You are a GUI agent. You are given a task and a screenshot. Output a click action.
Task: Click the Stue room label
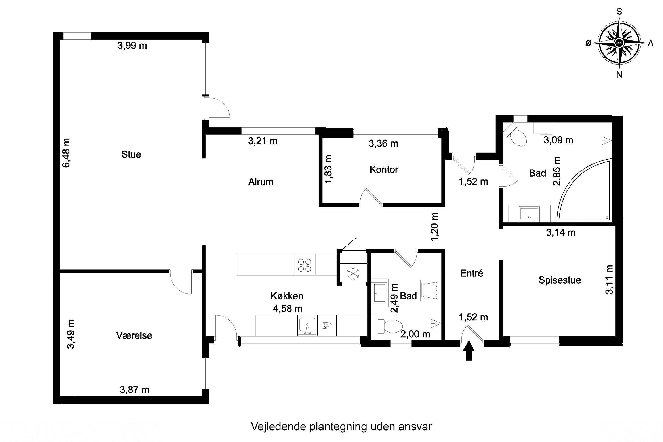(x=131, y=154)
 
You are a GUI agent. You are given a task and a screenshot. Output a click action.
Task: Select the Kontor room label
(x=384, y=170)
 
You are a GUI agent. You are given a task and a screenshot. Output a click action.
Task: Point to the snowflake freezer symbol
(x=353, y=274)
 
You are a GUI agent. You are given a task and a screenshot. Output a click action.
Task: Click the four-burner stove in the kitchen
(x=305, y=265)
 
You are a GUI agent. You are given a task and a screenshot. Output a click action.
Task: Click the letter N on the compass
(x=619, y=75)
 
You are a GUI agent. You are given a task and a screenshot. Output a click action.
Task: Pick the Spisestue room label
(x=560, y=280)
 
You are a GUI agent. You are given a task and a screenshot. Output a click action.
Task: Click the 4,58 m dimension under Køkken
(x=288, y=309)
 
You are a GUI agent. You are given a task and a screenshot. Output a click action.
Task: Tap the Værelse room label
(x=134, y=335)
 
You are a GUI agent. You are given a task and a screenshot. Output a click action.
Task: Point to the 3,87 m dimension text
(x=134, y=390)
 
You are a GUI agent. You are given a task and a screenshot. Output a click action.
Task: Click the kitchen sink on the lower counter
(x=307, y=325)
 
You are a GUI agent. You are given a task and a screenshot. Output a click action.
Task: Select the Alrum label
(x=261, y=182)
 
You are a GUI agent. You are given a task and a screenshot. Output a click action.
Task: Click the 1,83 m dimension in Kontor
(x=328, y=169)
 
